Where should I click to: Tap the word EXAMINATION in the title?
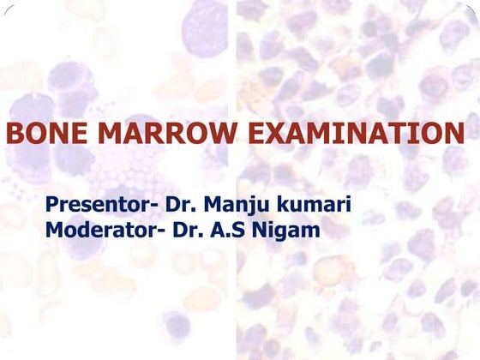click(x=357, y=135)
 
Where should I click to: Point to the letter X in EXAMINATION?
click(x=282, y=135)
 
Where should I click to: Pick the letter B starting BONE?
click(x=15, y=135)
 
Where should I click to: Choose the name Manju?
click(x=227, y=207)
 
